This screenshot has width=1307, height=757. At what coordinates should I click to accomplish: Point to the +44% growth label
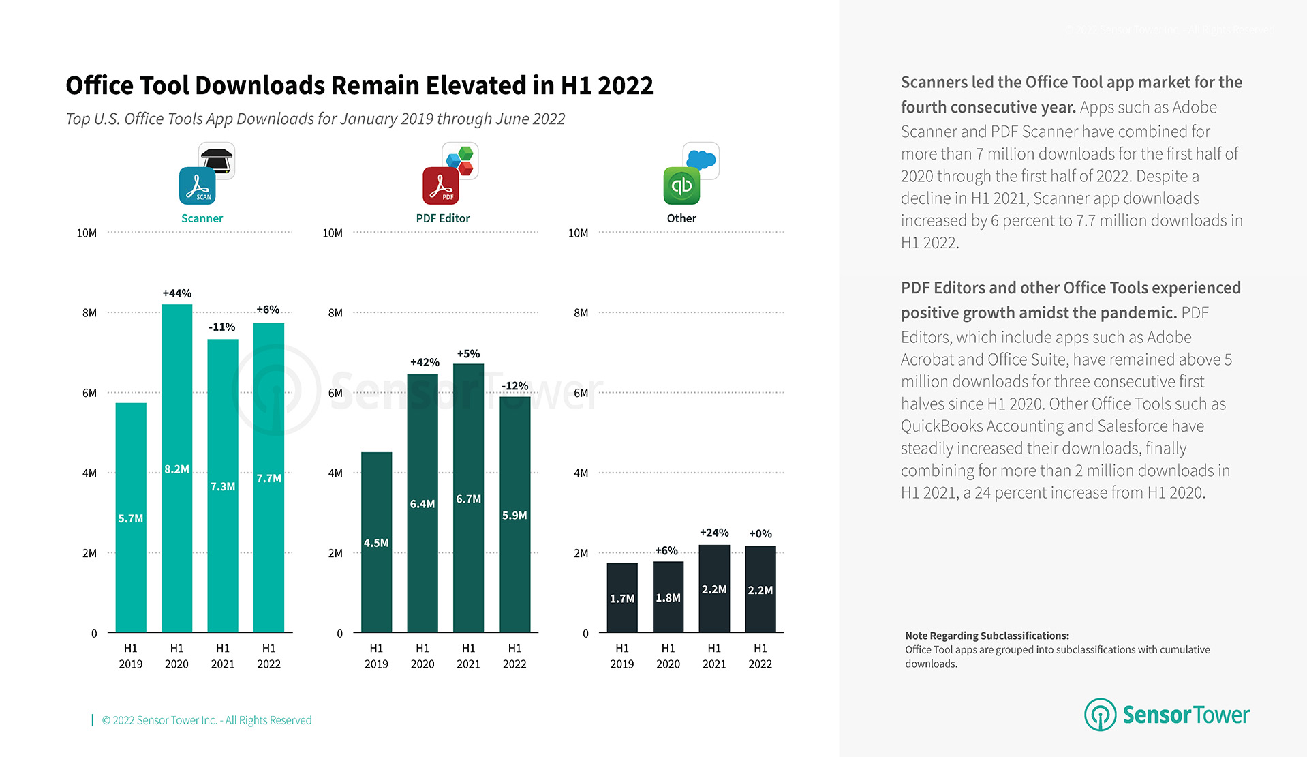(x=176, y=293)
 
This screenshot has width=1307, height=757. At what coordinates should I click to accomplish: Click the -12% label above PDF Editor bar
(x=514, y=386)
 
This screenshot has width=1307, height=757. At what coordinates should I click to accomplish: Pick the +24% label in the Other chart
(x=714, y=533)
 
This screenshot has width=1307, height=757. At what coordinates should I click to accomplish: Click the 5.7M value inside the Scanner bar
(x=130, y=518)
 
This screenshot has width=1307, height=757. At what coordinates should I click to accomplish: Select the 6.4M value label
(x=422, y=504)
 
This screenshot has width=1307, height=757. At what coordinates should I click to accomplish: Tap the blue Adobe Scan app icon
(x=197, y=185)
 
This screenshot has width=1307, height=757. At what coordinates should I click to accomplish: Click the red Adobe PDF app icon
(x=441, y=185)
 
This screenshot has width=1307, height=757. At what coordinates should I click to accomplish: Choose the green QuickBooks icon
(x=681, y=185)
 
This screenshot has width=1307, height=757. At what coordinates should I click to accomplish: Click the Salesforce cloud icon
(x=702, y=160)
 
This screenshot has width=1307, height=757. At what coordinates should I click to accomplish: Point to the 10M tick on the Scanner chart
(x=87, y=233)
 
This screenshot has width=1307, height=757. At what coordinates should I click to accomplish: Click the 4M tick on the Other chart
(x=581, y=473)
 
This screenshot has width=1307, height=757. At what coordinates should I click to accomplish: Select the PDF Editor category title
(x=443, y=218)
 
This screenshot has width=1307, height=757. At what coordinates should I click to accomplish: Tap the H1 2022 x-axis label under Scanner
(x=268, y=656)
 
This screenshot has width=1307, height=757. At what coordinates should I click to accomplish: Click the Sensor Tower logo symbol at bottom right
(x=1099, y=715)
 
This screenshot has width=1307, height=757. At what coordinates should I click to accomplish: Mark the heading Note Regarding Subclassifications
(x=987, y=636)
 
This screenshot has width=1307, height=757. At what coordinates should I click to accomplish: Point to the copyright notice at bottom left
(x=206, y=720)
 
